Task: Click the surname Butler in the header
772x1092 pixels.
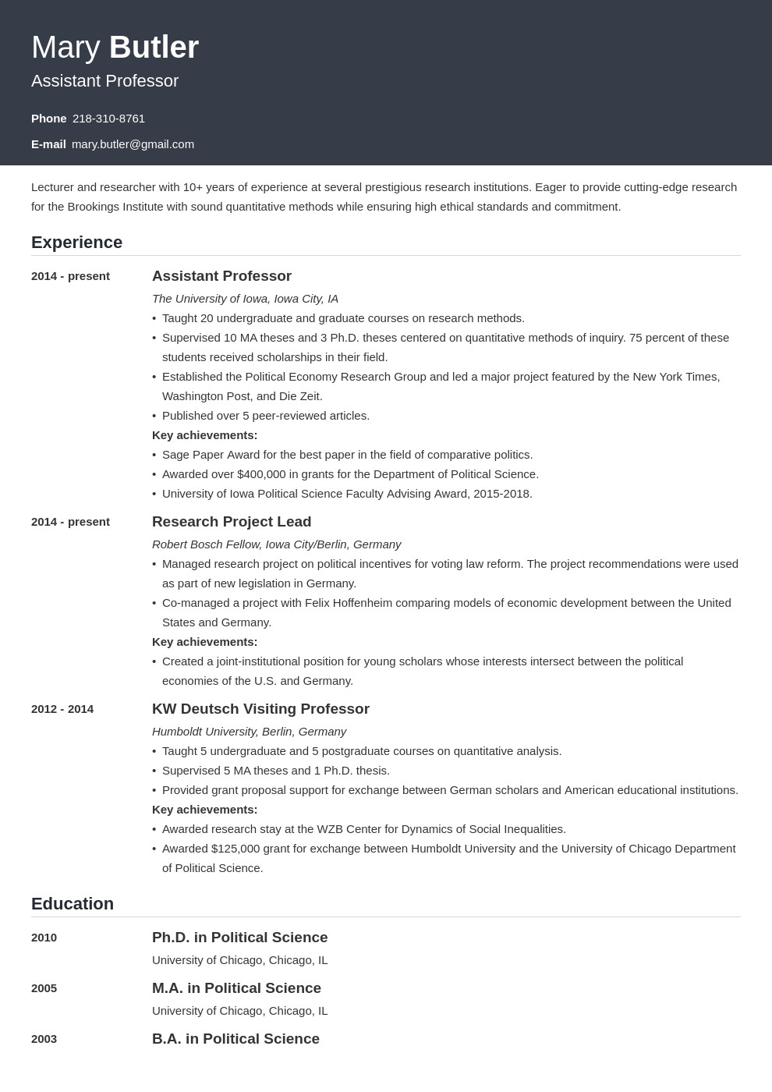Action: click(154, 48)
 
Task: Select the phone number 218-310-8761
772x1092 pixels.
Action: click(108, 119)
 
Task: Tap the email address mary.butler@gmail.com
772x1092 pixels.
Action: click(133, 144)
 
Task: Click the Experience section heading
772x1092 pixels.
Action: click(76, 243)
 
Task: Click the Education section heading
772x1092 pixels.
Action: click(73, 904)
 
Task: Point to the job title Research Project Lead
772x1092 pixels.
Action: click(232, 522)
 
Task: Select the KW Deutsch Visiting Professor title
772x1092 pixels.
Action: click(260, 709)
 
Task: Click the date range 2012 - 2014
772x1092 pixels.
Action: click(62, 709)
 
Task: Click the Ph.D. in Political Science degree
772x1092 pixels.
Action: click(239, 938)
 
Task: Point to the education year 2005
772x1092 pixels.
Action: click(44, 988)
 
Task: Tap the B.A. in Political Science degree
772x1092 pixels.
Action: click(235, 1039)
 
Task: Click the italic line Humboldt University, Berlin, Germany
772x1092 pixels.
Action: click(249, 732)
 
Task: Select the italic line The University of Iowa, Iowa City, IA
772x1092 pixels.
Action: click(245, 299)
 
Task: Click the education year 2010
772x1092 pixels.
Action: click(44, 938)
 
